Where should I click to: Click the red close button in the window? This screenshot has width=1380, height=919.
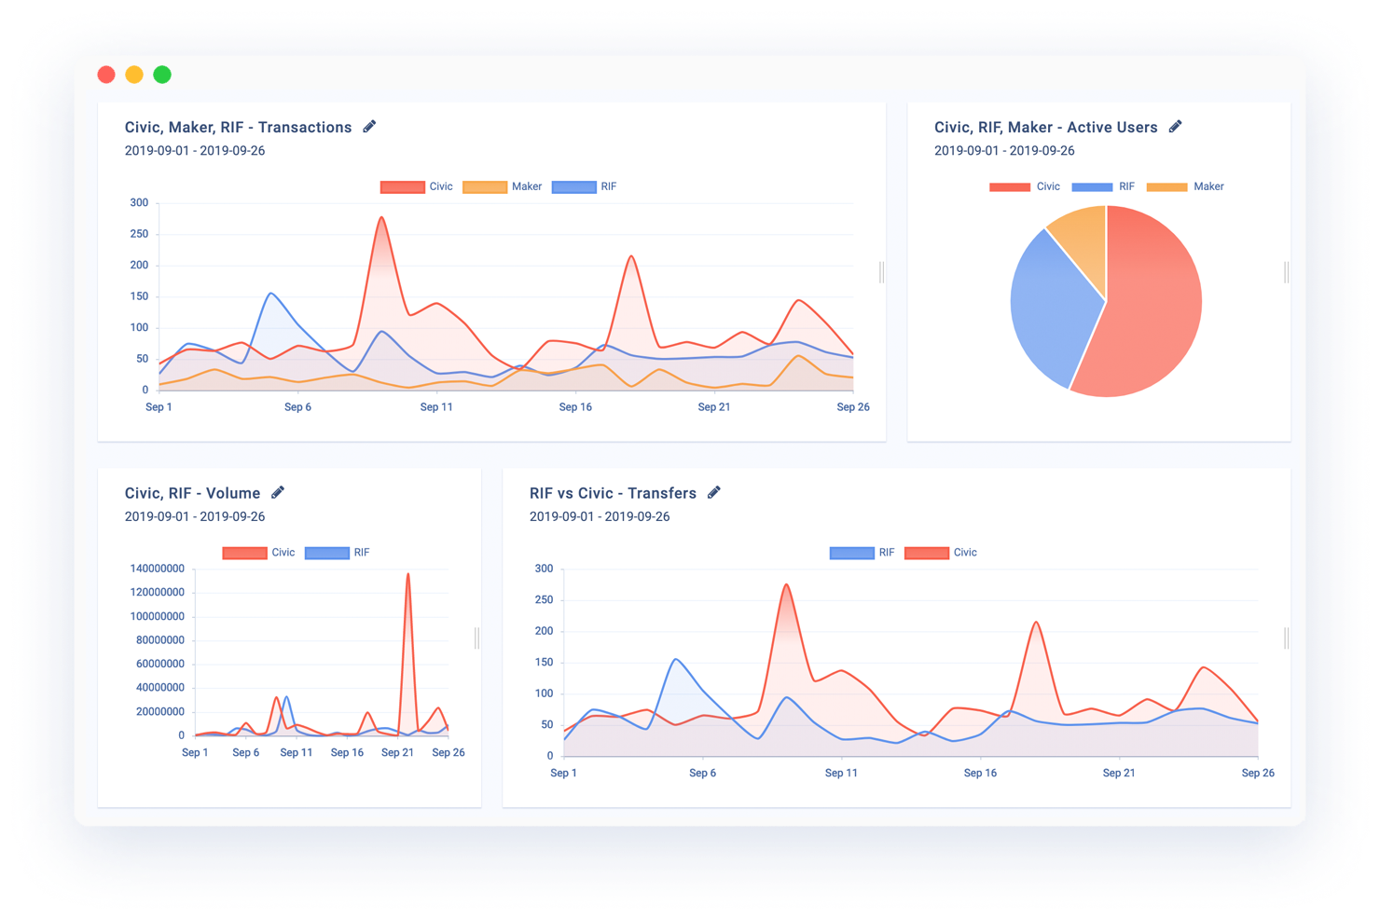click(106, 75)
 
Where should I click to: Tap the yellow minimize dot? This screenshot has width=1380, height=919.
click(134, 75)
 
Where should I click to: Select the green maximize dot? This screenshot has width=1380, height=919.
click(162, 75)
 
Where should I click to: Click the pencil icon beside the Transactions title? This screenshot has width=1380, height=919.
click(369, 127)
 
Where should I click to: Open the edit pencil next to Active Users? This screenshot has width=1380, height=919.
click(1175, 127)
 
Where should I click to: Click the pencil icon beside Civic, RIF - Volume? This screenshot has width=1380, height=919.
click(278, 492)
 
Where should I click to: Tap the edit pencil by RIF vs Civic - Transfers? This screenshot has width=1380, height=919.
click(714, 492)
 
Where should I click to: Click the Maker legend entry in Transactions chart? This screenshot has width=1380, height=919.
click(503, 186)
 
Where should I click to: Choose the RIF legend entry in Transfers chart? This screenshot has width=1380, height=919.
click(862, 553)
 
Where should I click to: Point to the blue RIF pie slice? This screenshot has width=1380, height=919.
click(1049, 308)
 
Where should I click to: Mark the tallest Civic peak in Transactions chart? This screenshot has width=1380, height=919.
click(381, 219)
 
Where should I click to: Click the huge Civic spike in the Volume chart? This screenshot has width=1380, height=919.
click(407, 578)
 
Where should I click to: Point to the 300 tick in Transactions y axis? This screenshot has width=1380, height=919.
click(139, 202)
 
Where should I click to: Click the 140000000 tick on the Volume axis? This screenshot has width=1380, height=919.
click(158, 569)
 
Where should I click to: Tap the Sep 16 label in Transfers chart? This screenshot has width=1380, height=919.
click(980, 773)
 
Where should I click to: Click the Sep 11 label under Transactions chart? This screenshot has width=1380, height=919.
click(436, 406)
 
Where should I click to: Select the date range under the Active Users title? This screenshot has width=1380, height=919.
click(1004, 151)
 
